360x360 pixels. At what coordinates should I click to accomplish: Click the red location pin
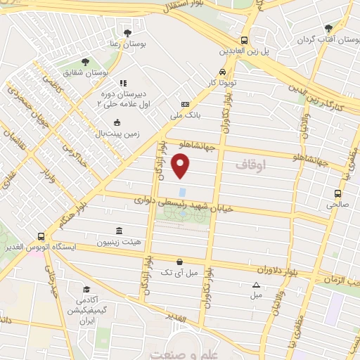click(x=181, y=165)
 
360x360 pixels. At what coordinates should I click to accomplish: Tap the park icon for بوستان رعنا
click(x=127, y=32)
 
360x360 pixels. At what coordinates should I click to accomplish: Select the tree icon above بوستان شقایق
click(x=86, y=62)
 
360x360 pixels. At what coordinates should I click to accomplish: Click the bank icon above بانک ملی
click(x=185, y=103)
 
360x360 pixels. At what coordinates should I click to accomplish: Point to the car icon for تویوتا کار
click(x=222, y=72)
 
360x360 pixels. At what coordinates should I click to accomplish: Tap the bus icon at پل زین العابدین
click(x=244, y=40)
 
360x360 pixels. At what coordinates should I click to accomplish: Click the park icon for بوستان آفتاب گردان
click(x=328, y=28)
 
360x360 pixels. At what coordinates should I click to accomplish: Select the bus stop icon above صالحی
click(x=338, y=193)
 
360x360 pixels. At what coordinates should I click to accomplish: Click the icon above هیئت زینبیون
click(x=117, y=231)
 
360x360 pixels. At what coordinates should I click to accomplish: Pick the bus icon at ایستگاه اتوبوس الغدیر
click(x=41, y=236)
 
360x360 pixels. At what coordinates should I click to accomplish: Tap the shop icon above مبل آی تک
click(x=180, y=261)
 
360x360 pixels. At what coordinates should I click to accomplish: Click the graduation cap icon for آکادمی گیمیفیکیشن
click(x=86, y=289)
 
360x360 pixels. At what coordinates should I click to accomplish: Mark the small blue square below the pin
click(x=182, y=191)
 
